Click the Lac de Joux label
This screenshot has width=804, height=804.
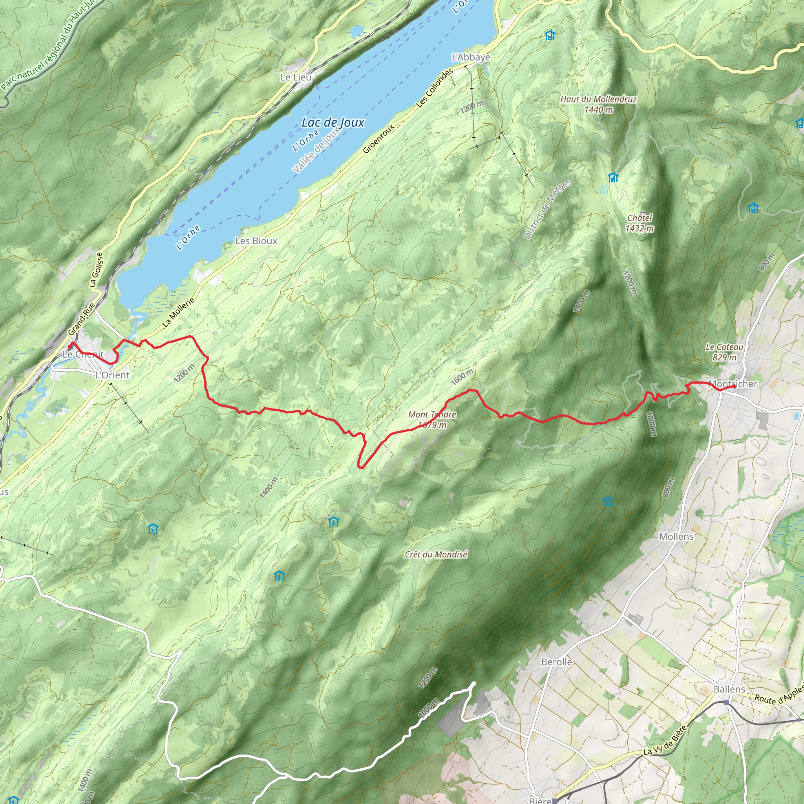click(x=333, y=122)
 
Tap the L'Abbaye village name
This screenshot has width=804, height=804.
click(x=471, y=57)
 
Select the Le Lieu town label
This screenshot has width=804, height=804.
click(x=296, y=77)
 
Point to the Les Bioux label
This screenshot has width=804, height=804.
click(x=256, y=241)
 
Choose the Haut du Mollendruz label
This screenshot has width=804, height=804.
click(x=598, y=104)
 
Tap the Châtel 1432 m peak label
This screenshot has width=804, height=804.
click(x=639, y=223)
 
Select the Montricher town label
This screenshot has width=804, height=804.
click(x=733, y=383)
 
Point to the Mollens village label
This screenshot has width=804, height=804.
click(x=676, y=537)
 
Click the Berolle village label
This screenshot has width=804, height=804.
click(x=556, y=661)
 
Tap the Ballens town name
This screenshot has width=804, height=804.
click(x=729, y=689)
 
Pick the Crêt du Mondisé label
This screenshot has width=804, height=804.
click(x=436, y=554)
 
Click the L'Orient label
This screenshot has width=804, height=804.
click(x=112, y=375)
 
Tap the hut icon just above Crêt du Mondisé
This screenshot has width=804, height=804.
click(x=333, y=521)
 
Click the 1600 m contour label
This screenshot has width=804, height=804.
click(x=462, y=376)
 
